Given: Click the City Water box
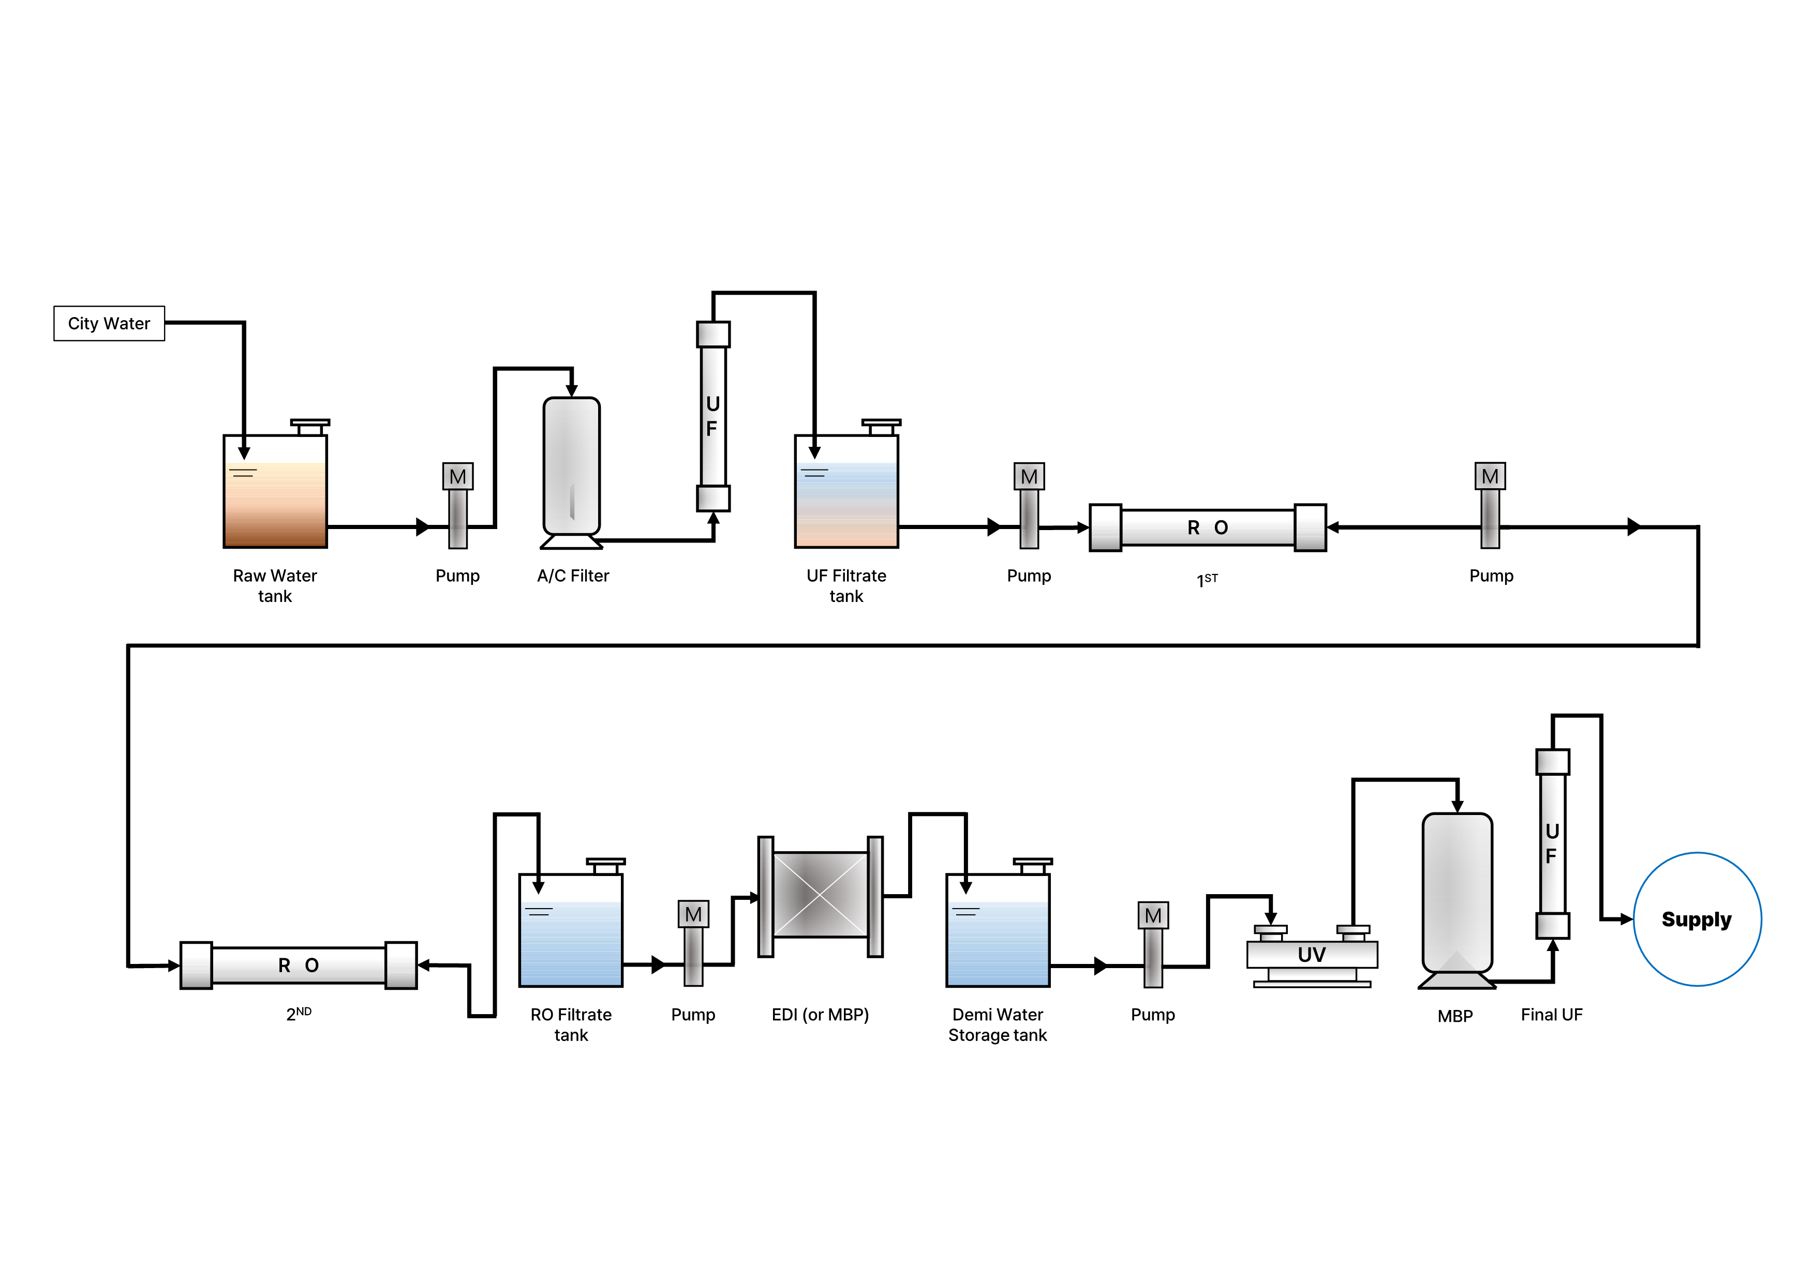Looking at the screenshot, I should coord(109,324).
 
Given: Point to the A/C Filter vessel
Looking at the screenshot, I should coord(572,466).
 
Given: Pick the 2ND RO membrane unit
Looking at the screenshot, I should coord(299,966).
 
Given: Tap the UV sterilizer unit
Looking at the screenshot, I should coord(1312,955).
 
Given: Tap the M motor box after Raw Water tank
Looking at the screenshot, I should coord(458,477).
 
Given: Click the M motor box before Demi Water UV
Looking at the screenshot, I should coord(1153,916).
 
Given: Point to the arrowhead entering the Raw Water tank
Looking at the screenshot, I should coord(244,453).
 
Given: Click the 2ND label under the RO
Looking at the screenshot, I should coord(299,1014).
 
